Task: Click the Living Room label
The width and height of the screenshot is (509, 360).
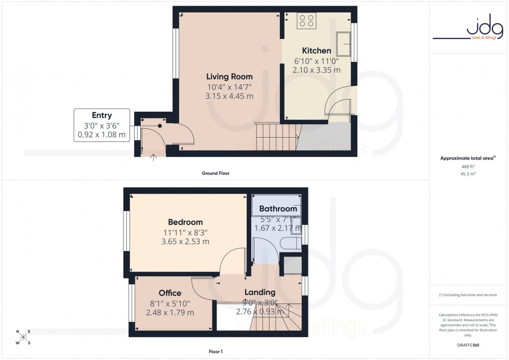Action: point(229,77)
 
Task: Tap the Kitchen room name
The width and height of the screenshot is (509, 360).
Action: point(316,51)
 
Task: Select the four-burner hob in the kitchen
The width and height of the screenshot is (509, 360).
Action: point(307,21)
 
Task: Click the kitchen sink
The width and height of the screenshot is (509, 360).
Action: point(343,43)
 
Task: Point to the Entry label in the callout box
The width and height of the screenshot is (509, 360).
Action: point(102,115)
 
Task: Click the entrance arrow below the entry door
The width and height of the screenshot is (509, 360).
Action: point(153,157)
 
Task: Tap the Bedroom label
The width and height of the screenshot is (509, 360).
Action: point(185,222)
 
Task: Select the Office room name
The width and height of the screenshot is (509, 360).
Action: point(170,294)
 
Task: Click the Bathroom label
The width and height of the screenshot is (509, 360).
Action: point(278,209)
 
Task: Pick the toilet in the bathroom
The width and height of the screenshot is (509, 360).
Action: point(288,244)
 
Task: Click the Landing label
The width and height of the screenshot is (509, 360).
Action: point(260,292)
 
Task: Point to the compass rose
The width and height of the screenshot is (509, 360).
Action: point(23,337)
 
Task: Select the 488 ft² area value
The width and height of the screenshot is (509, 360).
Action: point(468,166)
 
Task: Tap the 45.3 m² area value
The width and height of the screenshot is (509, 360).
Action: point(468,174)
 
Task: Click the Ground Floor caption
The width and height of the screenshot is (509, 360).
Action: point(216,173)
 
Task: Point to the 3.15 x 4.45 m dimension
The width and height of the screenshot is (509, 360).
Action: point(229,96)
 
